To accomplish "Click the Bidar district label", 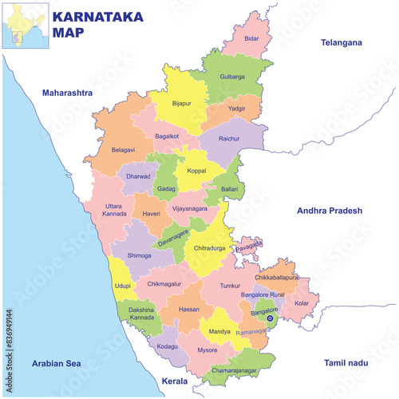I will [252, 38].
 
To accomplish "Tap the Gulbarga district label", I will [232, 77].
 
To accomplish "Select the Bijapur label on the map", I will [182, 103].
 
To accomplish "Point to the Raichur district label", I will [229, 138].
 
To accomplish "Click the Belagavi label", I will [123, 149].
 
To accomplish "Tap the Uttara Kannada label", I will [113, 210].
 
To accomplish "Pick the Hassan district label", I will [189, 309].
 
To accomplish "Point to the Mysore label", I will [207, 350].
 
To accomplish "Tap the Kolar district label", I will [302, 303].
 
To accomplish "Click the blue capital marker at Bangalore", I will [270, 318].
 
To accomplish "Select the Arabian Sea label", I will [57, 363].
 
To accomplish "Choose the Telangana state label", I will [341, 42].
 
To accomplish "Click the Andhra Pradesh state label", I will [330, 211].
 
